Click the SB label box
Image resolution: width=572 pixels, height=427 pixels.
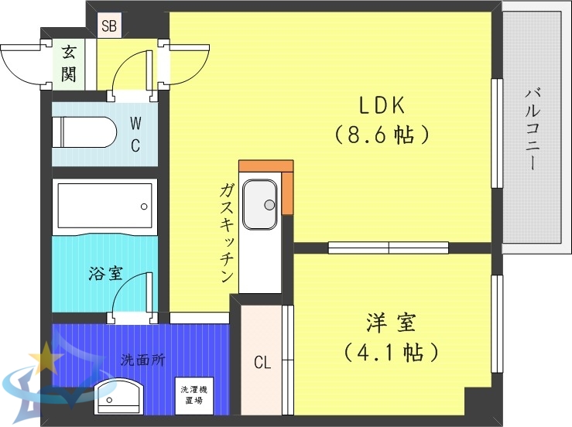108,26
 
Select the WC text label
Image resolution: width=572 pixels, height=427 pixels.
135,134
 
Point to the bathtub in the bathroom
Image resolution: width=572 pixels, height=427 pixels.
104,205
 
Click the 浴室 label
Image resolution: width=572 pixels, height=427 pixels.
105,273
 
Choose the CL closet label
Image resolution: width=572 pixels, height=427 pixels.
262,362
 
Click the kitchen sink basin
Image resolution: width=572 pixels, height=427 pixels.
260,205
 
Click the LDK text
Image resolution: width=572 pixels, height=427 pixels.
382,104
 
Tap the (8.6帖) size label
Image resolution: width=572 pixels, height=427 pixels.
382,135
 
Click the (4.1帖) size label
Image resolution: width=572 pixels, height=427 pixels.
391,354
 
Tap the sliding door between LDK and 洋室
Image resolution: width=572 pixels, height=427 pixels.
389,248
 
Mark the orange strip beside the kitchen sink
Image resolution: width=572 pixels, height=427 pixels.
287,189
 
